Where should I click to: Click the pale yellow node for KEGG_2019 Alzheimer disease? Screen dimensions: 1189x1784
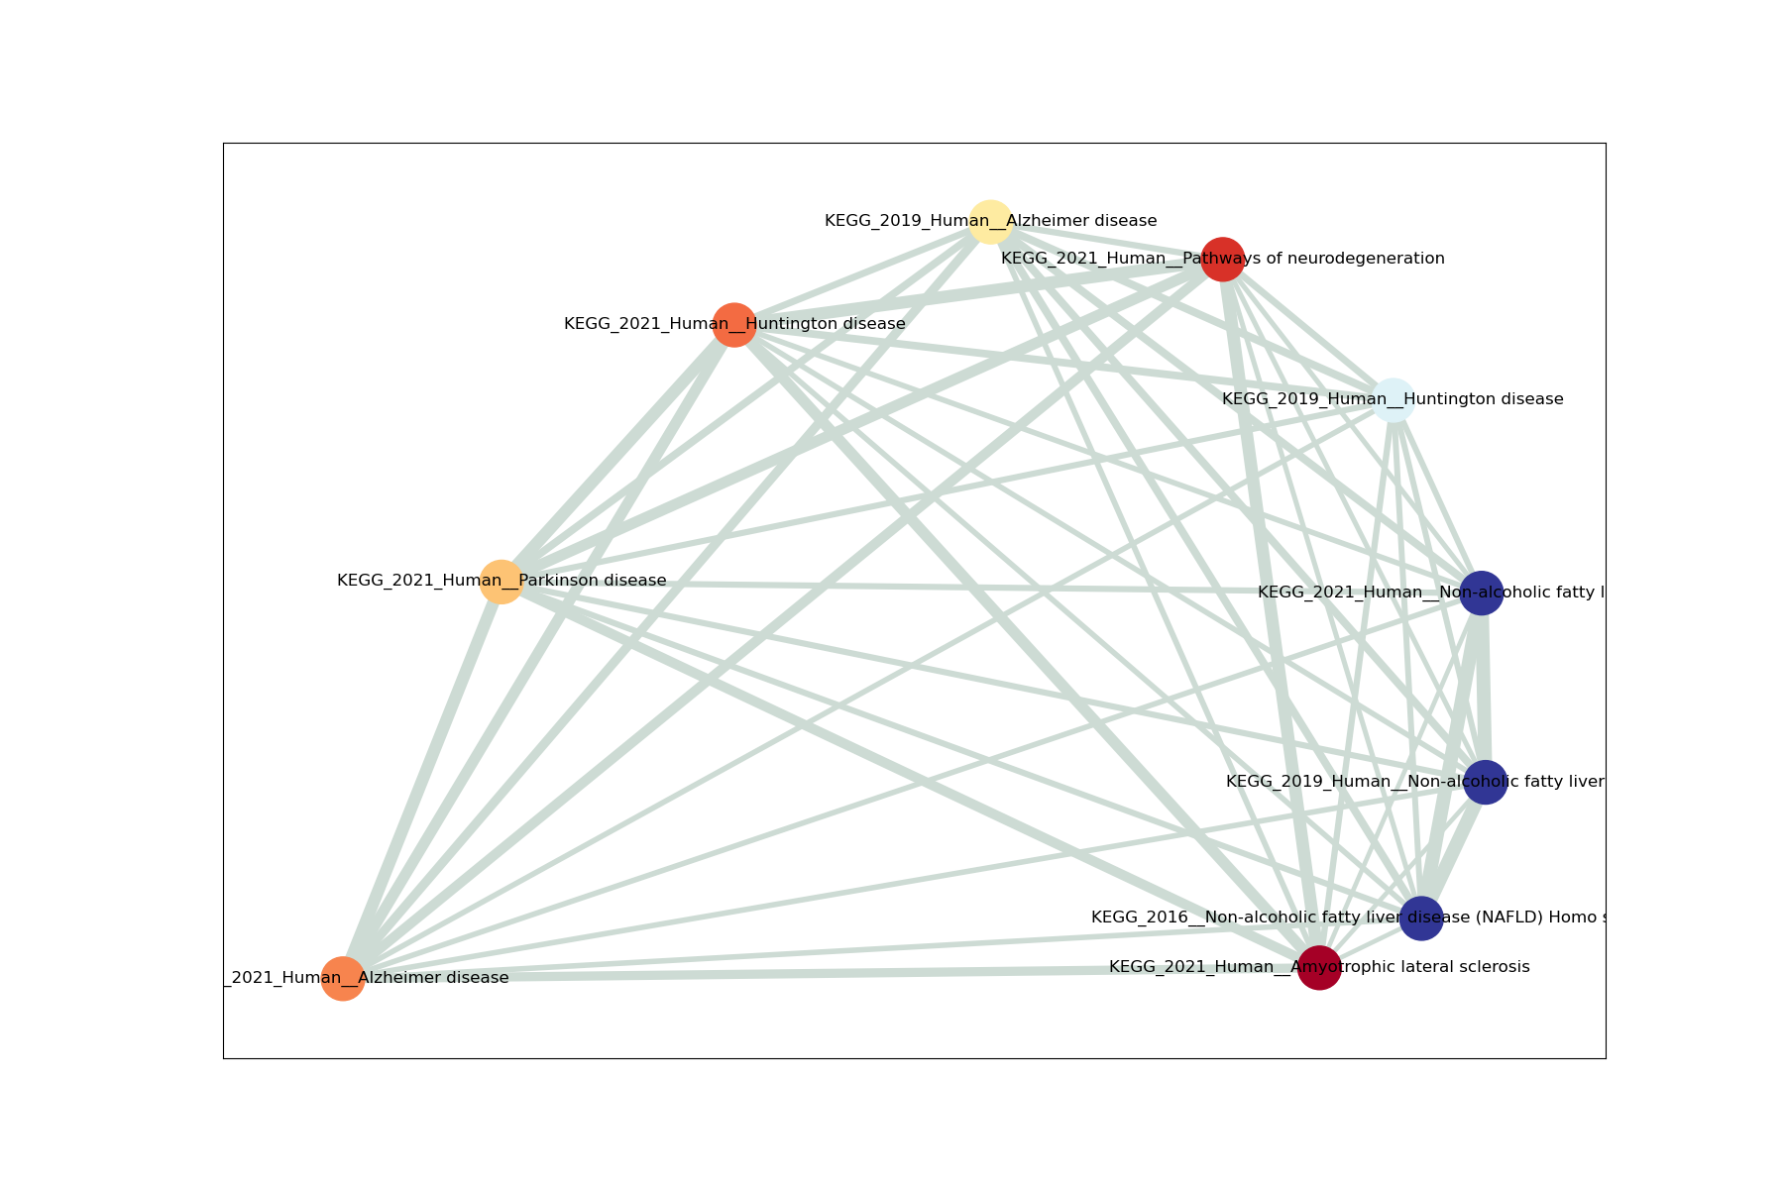point(990,221)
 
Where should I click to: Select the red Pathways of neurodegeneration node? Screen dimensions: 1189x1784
point(1223,260)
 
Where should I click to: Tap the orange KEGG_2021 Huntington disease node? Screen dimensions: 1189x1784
point(734,324)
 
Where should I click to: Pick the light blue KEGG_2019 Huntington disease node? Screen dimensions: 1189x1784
point(1393,400)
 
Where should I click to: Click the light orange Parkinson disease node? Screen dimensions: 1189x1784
point(502,581)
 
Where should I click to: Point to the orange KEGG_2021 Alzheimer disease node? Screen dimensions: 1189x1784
point(343,979)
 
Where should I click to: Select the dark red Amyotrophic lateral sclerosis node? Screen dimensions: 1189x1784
point(1319,968)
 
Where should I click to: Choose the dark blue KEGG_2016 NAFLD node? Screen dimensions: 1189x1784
point(1421,919)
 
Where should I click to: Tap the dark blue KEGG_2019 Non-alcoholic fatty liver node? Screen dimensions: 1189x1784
point(1486,783)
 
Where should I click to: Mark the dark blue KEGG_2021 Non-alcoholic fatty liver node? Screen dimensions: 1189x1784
point(1482,593)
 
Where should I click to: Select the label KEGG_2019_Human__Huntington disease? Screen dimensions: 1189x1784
point(1288,399)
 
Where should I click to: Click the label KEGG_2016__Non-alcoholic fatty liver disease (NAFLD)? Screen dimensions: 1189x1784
point(1239,918)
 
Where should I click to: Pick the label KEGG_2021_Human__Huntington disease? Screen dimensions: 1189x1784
point(634,324)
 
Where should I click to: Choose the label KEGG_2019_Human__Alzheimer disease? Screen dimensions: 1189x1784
point(892,221)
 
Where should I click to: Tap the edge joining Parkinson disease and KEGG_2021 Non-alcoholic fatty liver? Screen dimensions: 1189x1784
point(991,587)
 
